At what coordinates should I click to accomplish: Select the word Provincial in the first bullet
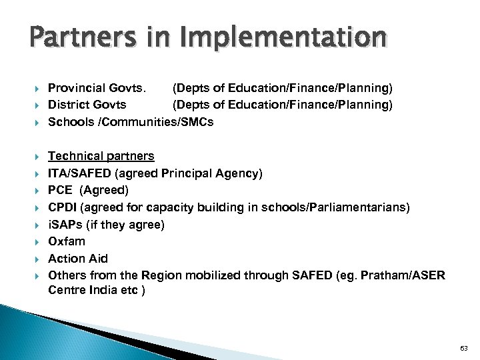tap(73, 87)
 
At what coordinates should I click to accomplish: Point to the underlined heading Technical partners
tap(101, 156)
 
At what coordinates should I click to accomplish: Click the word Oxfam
tap(67, 241)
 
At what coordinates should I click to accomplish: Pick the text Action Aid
tap(78, 259)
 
